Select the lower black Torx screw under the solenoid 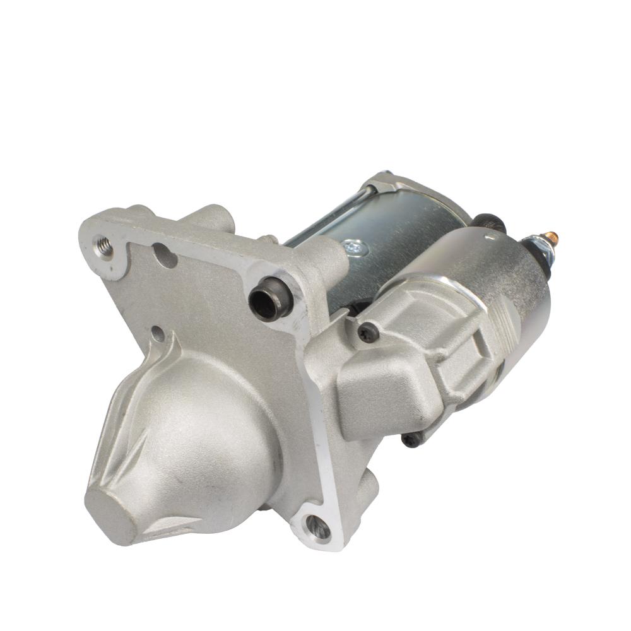[411, 440]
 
